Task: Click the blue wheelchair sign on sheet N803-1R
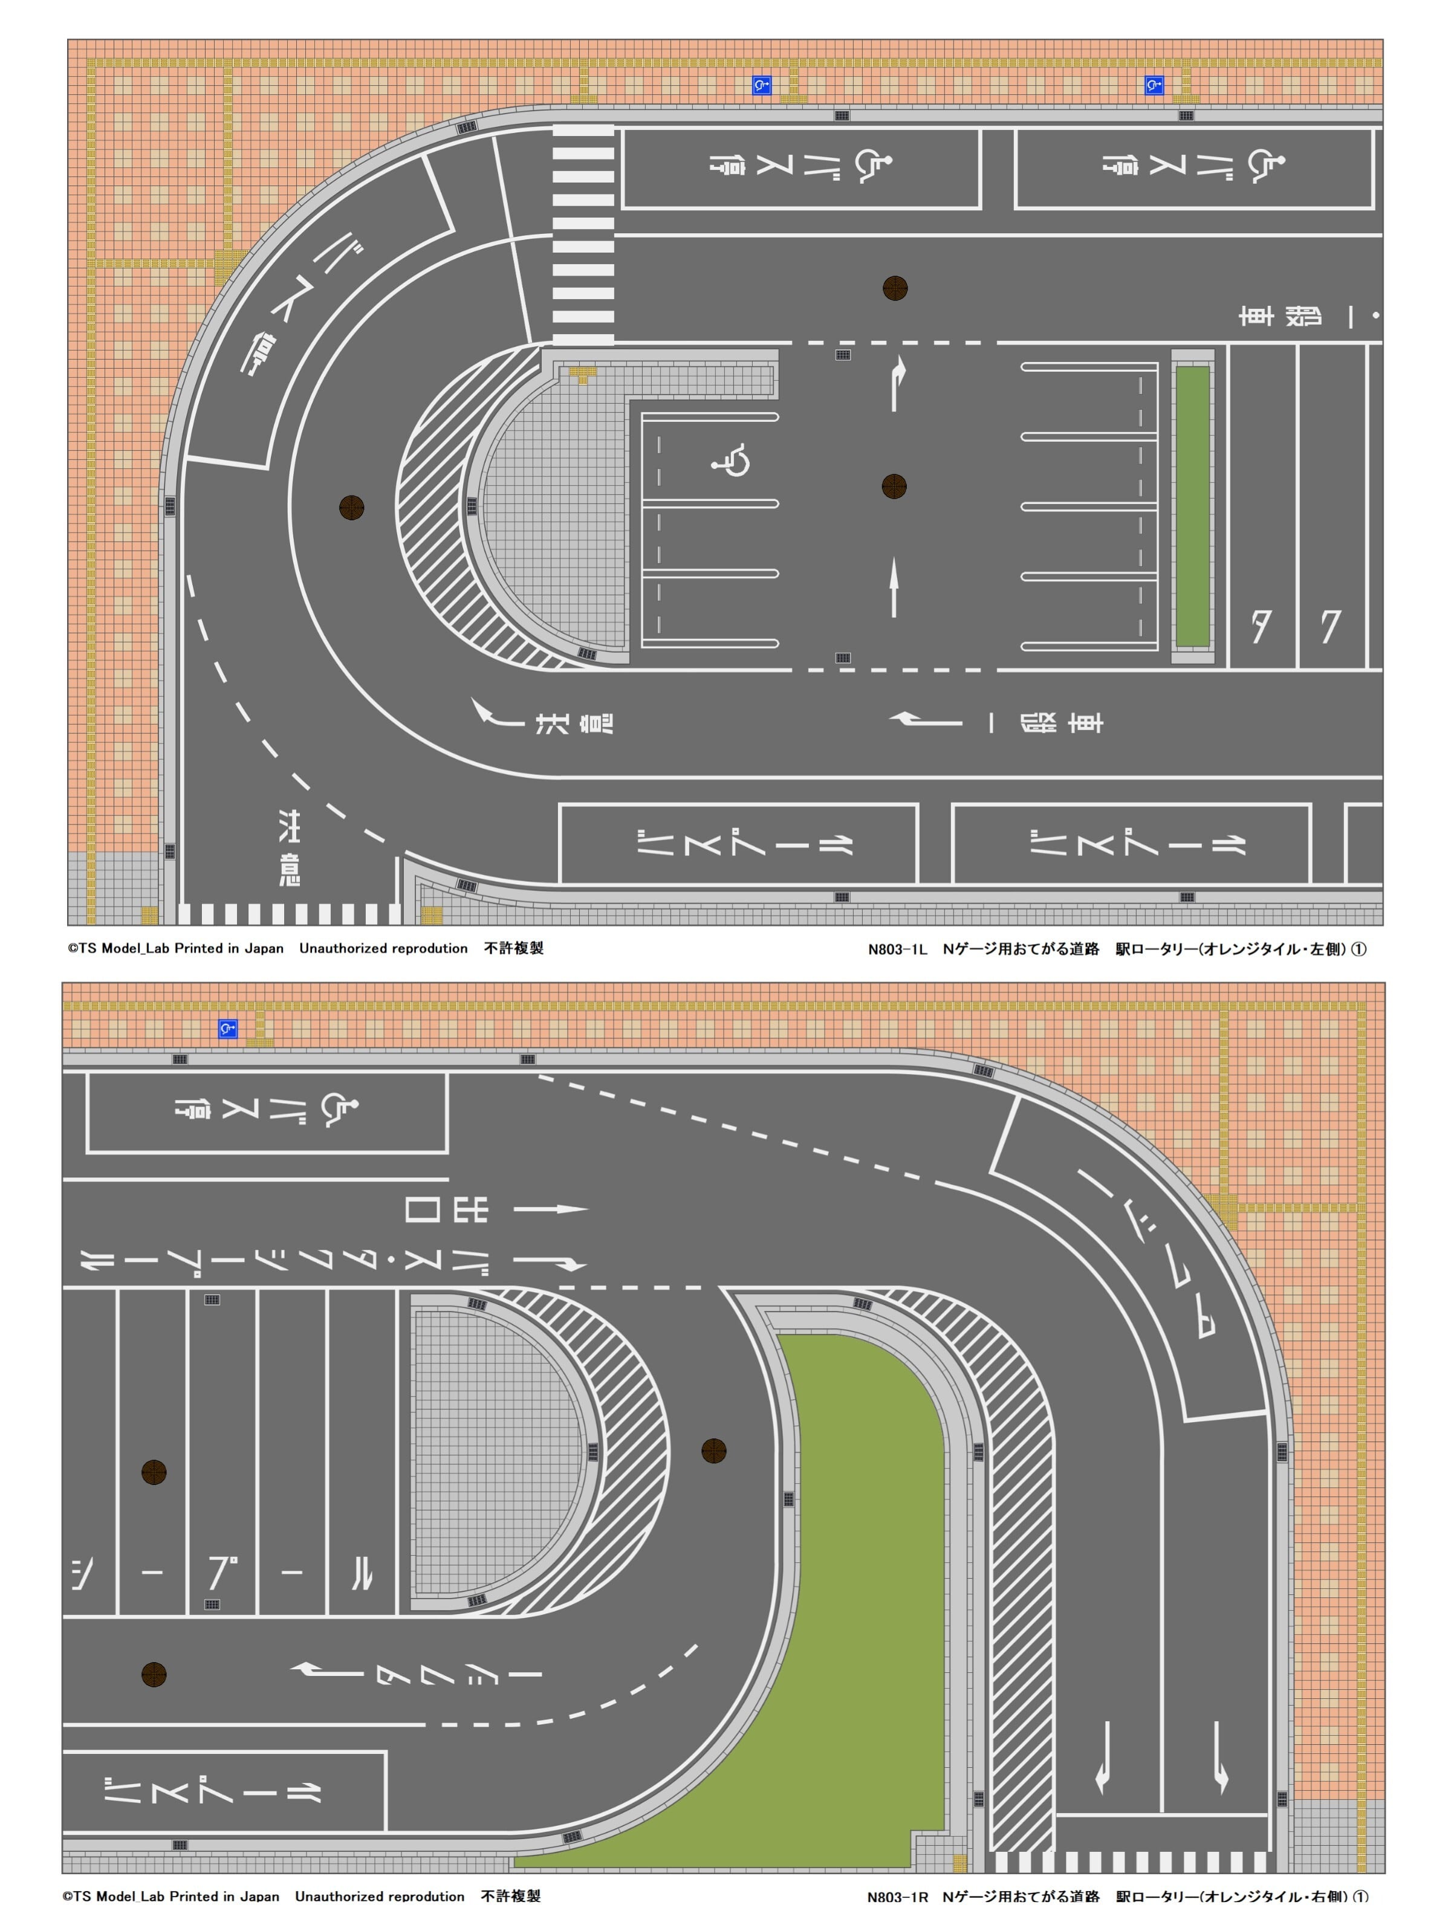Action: [228, 1029]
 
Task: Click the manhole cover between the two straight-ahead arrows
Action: [894, 487]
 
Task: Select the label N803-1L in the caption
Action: [897, 949]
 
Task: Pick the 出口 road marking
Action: [446, 1209]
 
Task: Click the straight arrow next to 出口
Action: [551, 1209]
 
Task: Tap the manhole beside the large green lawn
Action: [714, 1451]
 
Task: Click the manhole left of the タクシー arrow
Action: [154, 1674]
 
